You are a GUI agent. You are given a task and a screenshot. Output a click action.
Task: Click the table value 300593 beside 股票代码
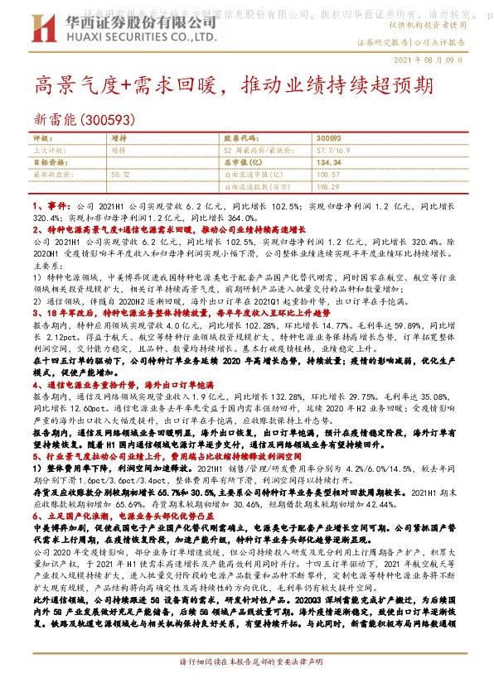pyautogui.click(x=328, y=139)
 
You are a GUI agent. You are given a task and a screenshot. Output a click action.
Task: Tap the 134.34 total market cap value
pyautogui.click(x=330, y=163)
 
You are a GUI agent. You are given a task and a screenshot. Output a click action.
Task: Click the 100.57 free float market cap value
pyautogui.click(x=329, y=175)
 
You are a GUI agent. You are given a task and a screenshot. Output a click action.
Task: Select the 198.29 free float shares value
pyautogui.click(x=329, y=186)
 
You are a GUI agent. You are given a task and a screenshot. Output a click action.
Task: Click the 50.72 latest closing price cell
pyautogui.click(x=119, y=175)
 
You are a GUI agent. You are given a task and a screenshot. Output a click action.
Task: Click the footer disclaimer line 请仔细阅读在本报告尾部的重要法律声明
pyautogui.click(x=247, y=686)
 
